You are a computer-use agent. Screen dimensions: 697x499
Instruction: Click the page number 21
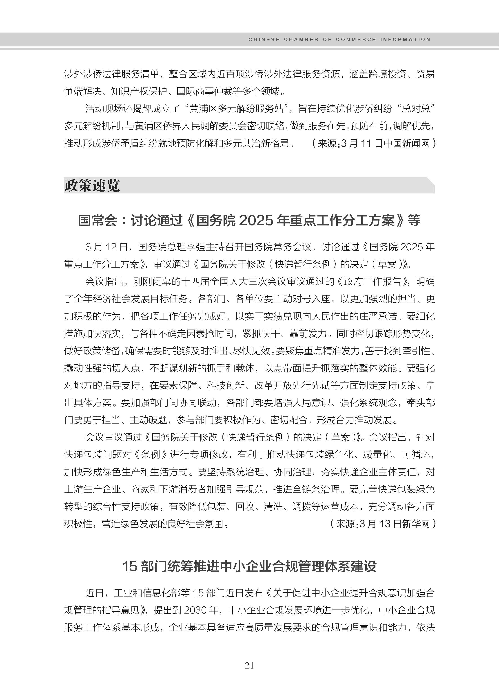(x=249, y=665)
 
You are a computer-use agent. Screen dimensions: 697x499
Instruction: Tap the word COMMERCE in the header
(x=356, y=39)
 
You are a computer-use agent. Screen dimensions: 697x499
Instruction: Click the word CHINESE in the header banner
(x=264, y=39)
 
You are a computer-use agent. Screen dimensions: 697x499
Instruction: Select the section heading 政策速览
(x=92, y=186)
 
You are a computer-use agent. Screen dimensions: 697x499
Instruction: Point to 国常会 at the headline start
(x=98, y=220)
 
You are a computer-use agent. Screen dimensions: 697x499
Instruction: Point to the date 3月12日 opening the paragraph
(x=106, y=247)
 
